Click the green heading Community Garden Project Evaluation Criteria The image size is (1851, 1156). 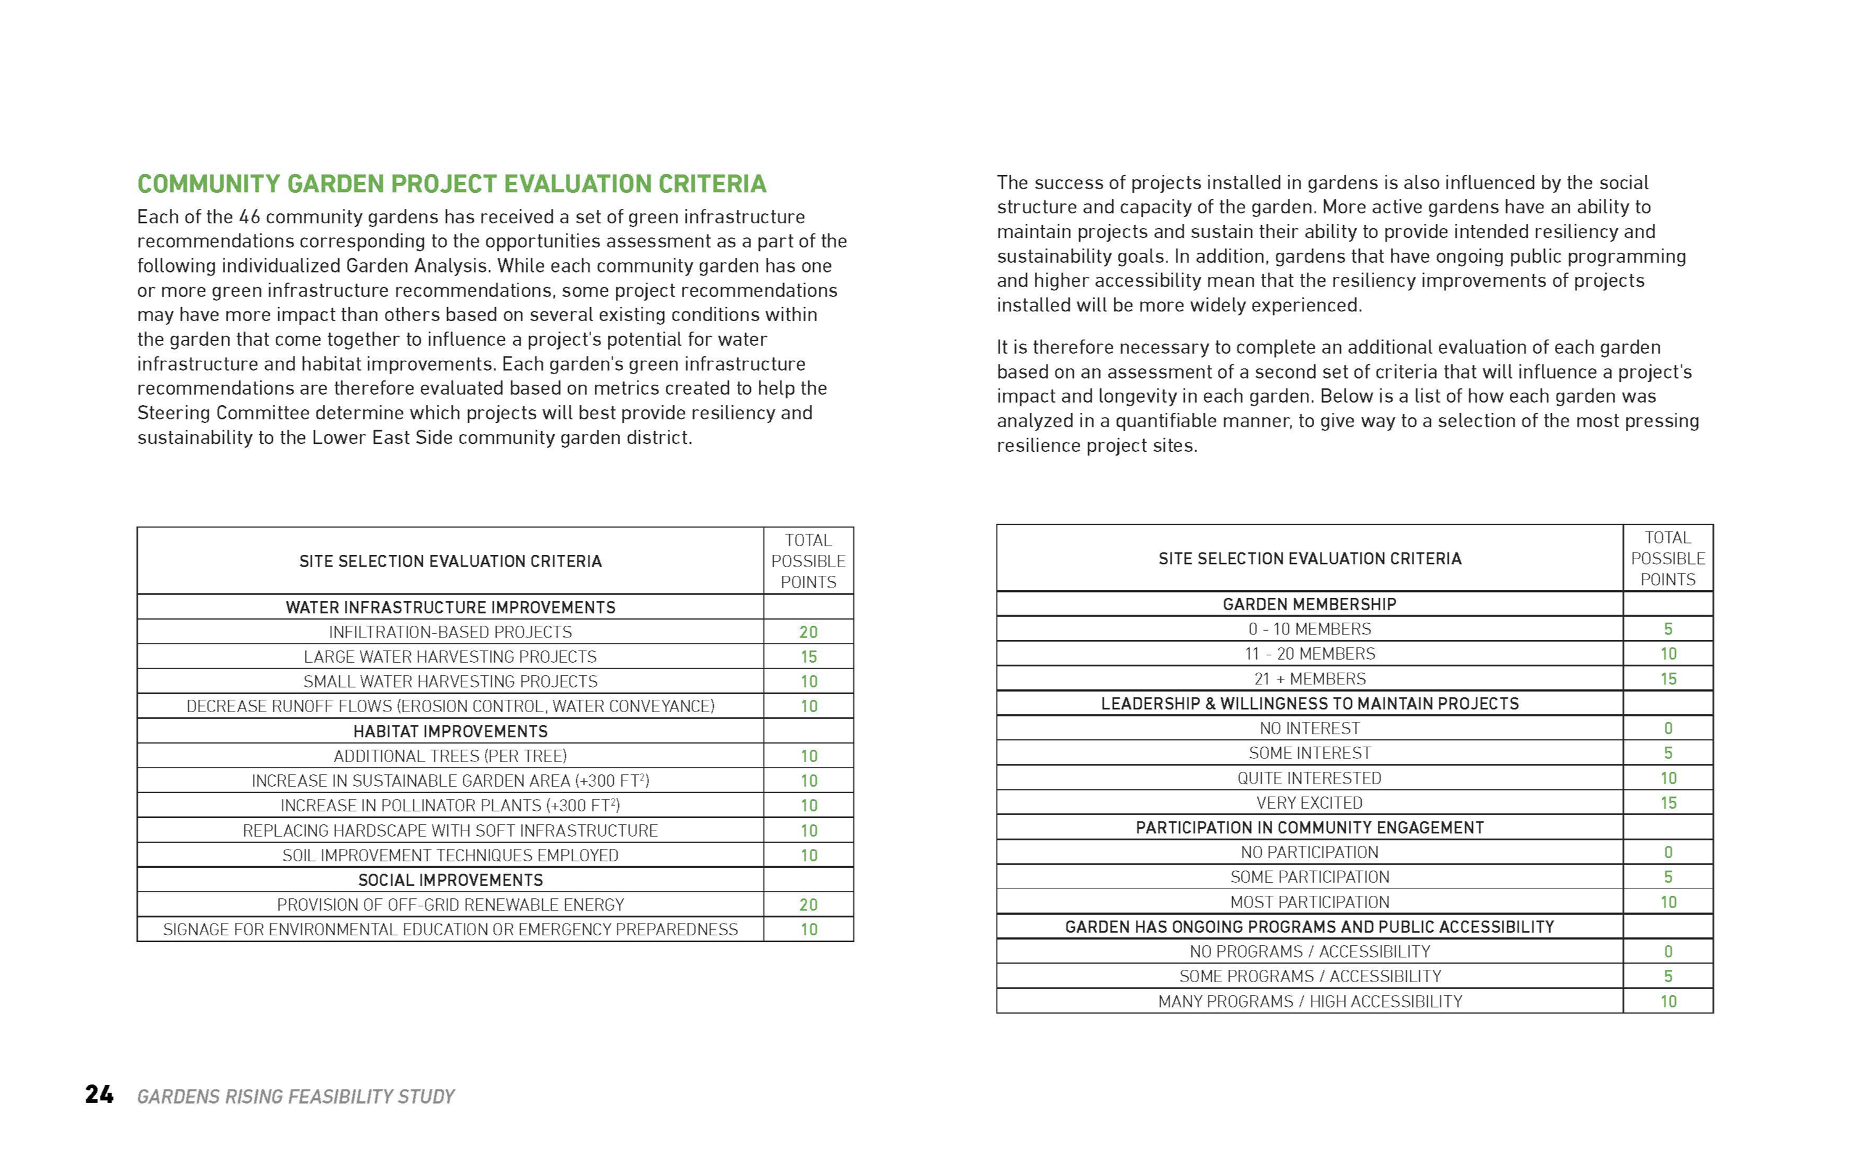451,184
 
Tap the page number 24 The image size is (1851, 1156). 99,1095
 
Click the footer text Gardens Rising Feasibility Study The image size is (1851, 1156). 296,1096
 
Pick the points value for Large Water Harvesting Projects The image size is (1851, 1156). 808,657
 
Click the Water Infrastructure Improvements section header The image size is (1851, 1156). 450,607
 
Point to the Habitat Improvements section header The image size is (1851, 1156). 450,731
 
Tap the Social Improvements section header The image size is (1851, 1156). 450,880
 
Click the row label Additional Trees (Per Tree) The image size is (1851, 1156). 450,756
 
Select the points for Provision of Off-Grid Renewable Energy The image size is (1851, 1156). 808,904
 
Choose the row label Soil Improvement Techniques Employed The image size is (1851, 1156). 450,855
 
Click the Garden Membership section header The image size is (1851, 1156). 1309,604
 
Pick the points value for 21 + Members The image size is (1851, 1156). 1668,679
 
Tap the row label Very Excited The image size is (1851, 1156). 1309,803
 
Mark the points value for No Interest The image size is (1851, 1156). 1668,729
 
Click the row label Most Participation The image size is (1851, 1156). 1309,902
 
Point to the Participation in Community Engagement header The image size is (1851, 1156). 1309,827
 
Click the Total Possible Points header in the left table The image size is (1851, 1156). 808,561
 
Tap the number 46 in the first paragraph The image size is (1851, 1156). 250,217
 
